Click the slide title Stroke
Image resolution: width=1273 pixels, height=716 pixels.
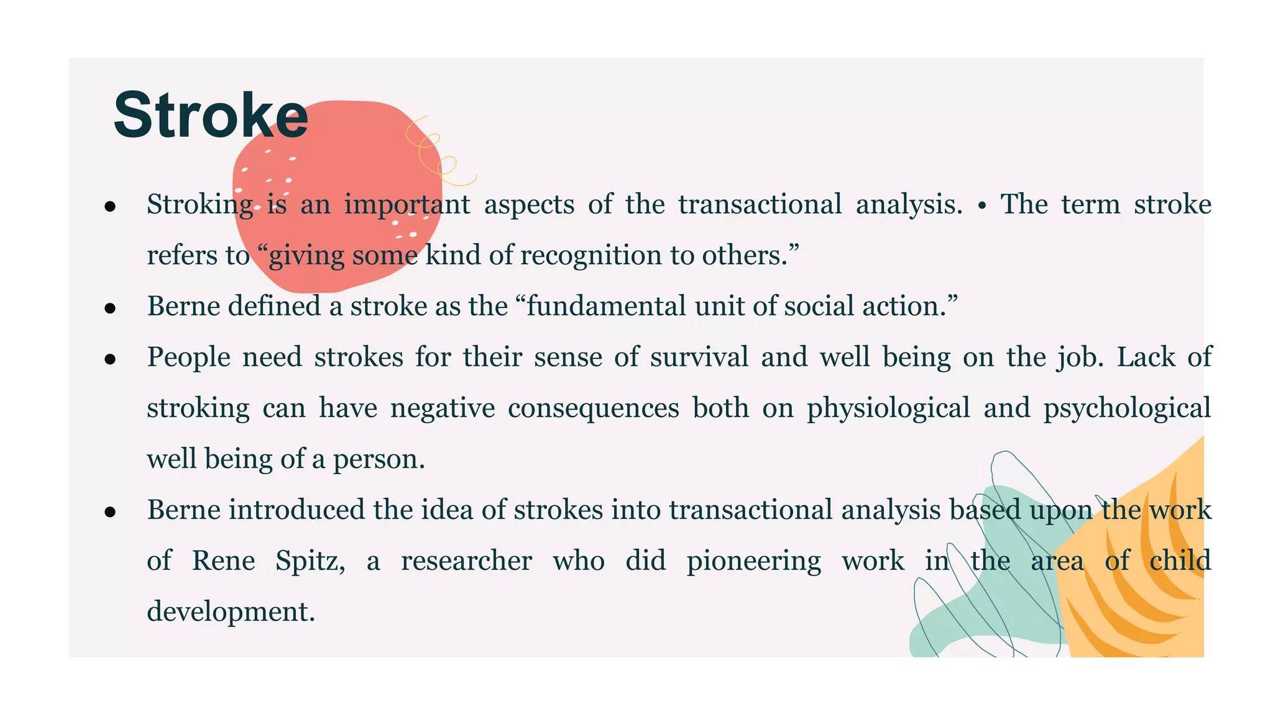point(211,116)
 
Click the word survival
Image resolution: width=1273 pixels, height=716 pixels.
point(699,357)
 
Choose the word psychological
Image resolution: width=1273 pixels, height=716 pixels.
point(1127,409)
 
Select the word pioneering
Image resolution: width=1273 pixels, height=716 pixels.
point(753,561)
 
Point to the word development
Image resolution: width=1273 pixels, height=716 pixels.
point(231,612)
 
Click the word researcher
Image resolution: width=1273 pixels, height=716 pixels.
point(466,561)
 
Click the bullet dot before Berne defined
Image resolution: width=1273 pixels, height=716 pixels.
point(111,308)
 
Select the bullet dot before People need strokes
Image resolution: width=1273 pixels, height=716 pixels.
point(111,359)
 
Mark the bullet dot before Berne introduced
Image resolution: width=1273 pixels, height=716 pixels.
point(111,512)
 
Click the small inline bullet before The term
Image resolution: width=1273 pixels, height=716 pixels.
point(981,206)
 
